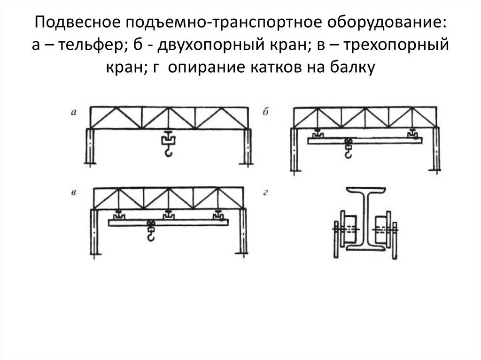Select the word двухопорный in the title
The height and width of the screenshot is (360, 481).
[x=200, y=46]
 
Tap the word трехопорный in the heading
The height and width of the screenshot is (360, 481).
[x=400, y=46]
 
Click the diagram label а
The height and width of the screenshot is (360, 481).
[x=73, y=112]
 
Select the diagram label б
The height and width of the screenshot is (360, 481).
[x=265, y=112]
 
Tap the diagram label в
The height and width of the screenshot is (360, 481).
[x=74, y=193]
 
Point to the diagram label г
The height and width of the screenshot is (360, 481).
[x=265, y=193]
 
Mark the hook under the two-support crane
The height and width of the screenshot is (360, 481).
[x=348, y=152]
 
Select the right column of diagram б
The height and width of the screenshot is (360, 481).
[x=437, y=150]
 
